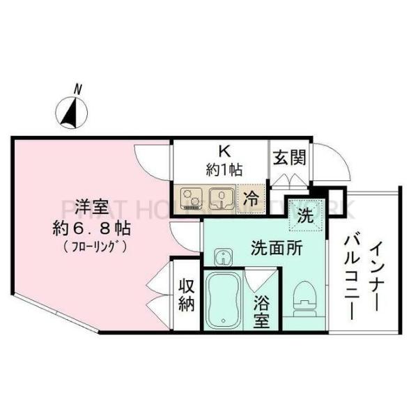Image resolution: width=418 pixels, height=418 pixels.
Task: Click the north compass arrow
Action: click(x=70, y=112)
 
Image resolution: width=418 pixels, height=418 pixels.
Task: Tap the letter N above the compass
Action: click(x=77, y=88)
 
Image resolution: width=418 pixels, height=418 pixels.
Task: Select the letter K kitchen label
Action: click(x=224, y=151)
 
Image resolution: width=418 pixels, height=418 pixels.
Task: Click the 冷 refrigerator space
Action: click(x=251, y=198)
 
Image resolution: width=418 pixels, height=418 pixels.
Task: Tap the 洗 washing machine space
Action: click(x=306, y=216)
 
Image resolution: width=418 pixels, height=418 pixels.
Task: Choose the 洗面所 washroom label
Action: click(x=277, y=248)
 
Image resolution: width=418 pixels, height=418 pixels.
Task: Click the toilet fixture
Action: click(x=304, y=297)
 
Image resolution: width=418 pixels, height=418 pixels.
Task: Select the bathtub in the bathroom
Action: click(x=223, y=300)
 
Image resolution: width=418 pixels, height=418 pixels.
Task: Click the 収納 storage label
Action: click(x=186, y=296)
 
